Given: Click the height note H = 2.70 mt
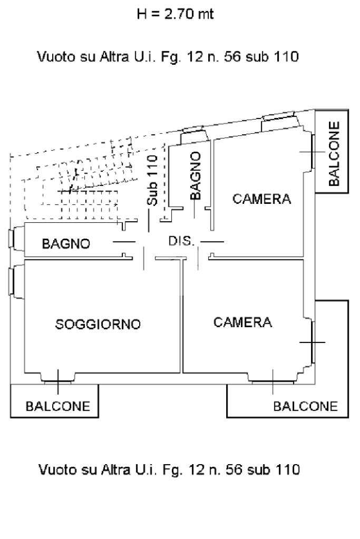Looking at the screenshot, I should tap(175, 14).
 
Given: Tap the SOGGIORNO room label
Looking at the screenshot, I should tap(98, 324).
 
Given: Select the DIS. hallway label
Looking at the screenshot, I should tap(182, 241).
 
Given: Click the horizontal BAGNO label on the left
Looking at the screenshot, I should tap(66, 244).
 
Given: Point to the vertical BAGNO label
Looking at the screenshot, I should tap(196, 175).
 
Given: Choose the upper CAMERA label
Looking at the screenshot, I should tap(262, 199).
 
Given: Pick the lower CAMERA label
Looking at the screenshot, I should tap(243, 322).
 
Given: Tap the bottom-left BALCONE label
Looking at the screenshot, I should tap(58, 406).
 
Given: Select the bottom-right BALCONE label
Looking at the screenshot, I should tap(305, 406).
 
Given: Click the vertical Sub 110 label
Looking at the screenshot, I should tap(152, 181).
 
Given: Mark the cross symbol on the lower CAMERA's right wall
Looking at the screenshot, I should tap(312, 342).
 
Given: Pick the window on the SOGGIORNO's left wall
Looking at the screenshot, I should tap(13, 282).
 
